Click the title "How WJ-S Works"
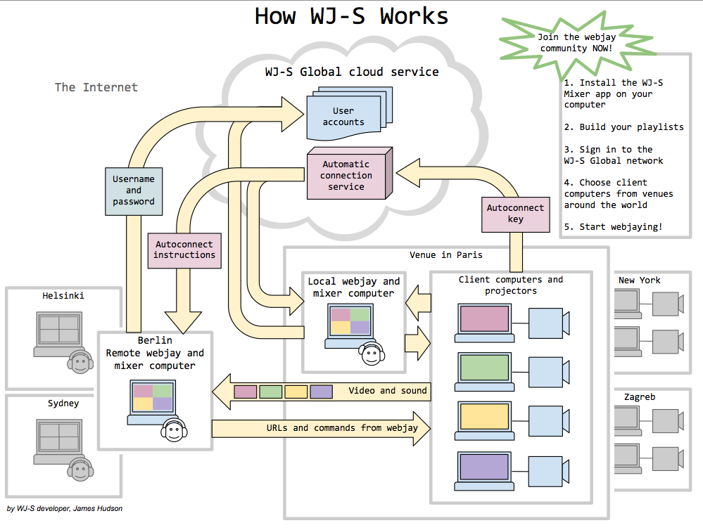[350, 16]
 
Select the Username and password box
[134, 190]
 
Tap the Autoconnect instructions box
[184, 250]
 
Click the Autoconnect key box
[515, 214]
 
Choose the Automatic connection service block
[346, 176]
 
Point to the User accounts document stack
[345, 115]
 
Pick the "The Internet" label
[96, 87]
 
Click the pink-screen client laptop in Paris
[483, 322]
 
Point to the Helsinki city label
[63, 296]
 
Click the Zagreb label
[639, 397]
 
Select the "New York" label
[639, 280]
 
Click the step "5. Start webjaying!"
[613, 227]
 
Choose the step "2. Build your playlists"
[623, 127]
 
